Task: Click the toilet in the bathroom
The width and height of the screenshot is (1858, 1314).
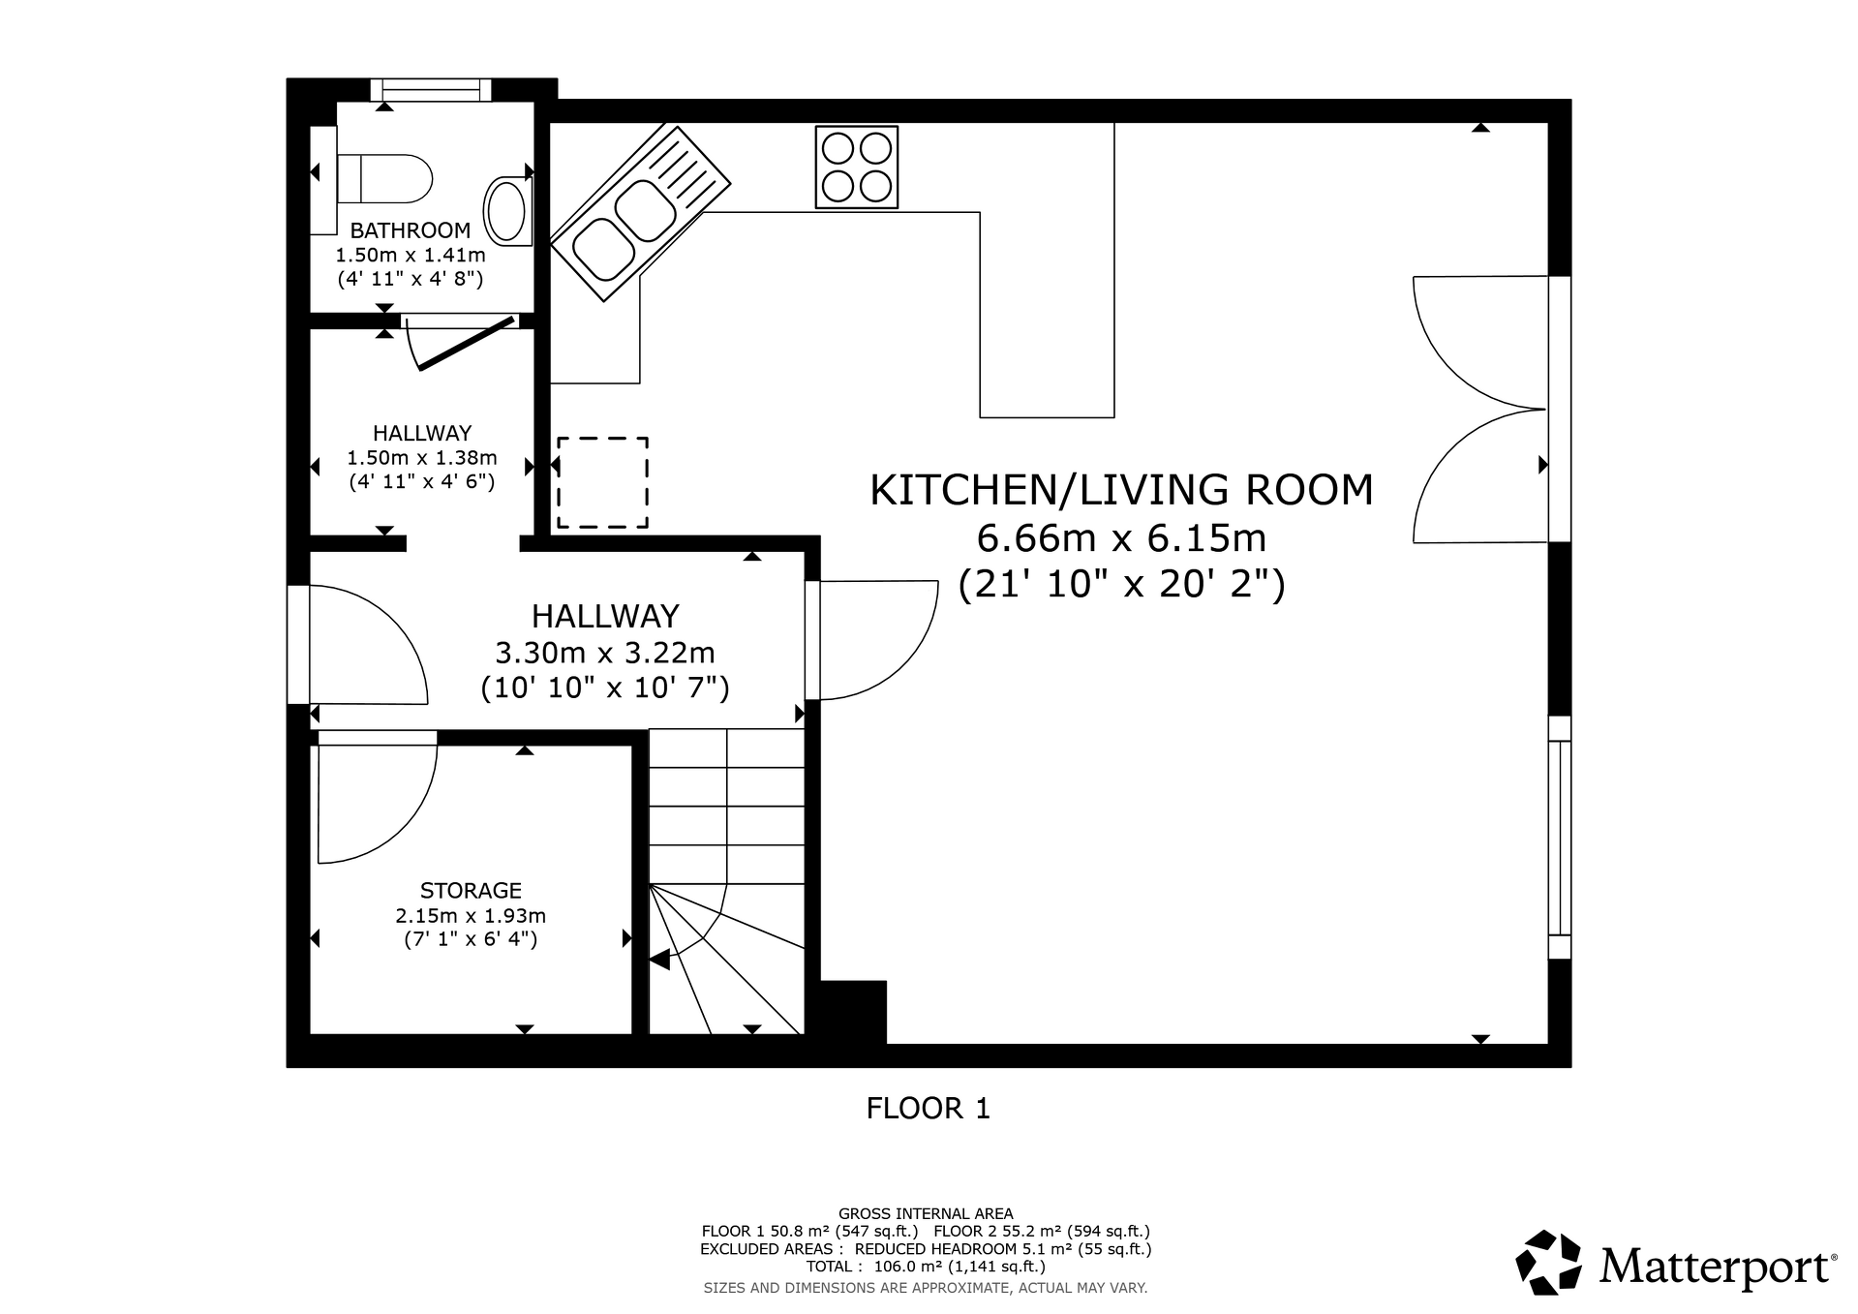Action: point(383,178)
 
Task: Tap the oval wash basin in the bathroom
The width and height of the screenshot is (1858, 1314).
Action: point(507,210)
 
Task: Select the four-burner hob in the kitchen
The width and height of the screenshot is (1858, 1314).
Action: point(857,167)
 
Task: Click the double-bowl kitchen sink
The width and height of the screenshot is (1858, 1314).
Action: point(640,213)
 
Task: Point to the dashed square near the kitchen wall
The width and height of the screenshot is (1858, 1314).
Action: point(602,482)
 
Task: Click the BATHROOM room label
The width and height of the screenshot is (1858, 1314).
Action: point(411,230)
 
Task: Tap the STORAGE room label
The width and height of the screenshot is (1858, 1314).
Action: point(471,890)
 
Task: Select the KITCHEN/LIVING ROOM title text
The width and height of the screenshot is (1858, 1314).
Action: point(1121,490)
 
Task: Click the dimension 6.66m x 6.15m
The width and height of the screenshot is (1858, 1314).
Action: point(1121,537)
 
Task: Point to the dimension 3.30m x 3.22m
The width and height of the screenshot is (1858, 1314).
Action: point(605,653)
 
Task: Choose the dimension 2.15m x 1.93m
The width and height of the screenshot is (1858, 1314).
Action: point(471,915)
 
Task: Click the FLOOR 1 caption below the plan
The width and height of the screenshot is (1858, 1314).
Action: point(929,1108)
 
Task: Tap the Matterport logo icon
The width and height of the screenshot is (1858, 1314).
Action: point(1549,1262)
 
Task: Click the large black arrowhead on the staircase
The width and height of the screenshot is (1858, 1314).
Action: point(659,961)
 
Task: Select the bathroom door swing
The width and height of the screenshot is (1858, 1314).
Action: point(459,343)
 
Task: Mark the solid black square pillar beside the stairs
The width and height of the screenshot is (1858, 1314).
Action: point(853,1012)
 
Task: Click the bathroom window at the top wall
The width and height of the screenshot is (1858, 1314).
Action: point(431,90)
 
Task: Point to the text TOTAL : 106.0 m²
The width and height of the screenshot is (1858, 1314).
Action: point(926,1267)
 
